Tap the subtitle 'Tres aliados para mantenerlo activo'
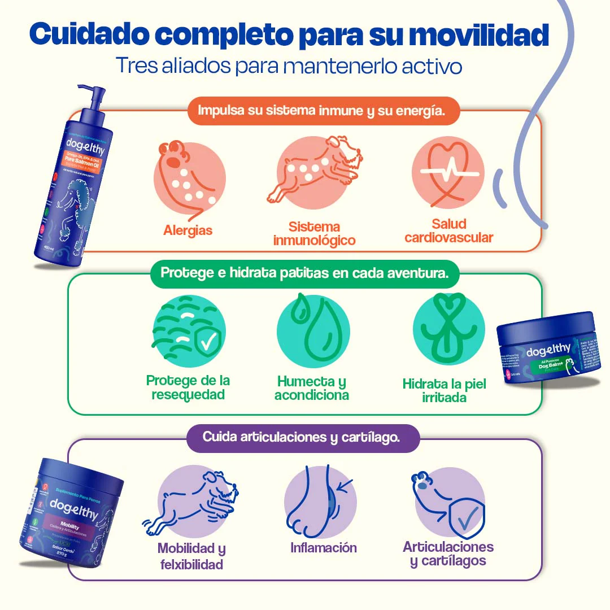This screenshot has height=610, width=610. point(289,65)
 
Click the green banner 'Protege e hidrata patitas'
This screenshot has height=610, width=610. point(305,273)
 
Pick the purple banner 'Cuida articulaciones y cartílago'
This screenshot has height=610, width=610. point(303,437)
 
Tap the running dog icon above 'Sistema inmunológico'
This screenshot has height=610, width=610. point(314,169)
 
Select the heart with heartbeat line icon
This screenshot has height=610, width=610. point(447,171)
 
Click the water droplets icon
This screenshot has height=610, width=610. point(312,329)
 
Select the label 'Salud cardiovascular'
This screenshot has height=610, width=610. point(448,231)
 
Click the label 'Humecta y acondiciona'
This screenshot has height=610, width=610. point(312,388)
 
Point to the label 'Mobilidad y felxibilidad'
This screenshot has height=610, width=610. point(191,556)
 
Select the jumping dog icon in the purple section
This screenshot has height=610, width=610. point(192,500)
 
